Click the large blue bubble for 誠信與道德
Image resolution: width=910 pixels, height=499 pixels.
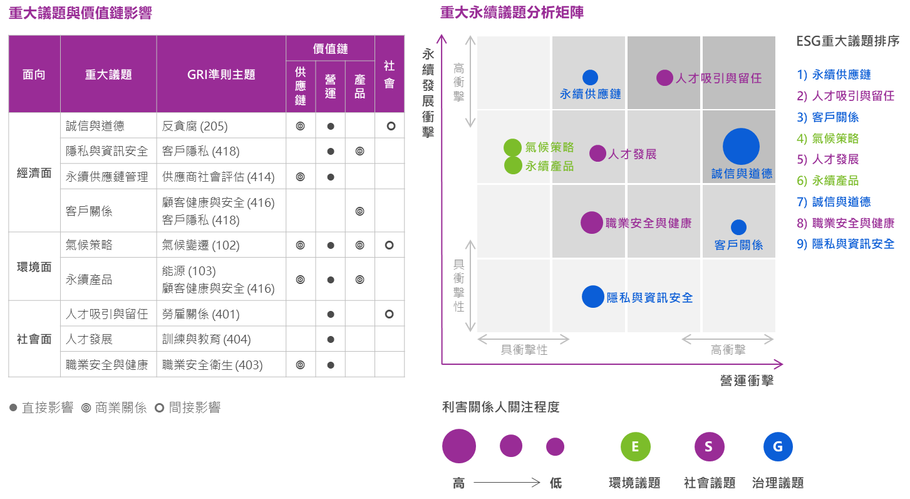pyautogui.click(x=741, y=147)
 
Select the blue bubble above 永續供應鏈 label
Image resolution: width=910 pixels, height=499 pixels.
pyautogui.click(x=591, y=77)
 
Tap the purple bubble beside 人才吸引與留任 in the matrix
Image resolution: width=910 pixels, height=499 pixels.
pyautogui.click(x=664, y=78)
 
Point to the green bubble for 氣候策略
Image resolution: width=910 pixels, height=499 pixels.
pyautogui.click(x=513, y=147)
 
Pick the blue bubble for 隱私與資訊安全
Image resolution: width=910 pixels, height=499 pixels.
pyautogui.click(x=592, y=297)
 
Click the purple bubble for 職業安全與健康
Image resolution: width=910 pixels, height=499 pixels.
pyautogui.click(x=591, y=223)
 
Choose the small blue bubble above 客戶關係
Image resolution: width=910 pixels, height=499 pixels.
pyautogui.click(x=738, y=228)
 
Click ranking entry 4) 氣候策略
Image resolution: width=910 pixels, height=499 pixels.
pyautogui.click(x=827, y=139)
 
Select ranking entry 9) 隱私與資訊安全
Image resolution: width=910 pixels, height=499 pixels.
pyautogui.click(x=845, y=244)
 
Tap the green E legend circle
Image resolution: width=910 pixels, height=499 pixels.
pyautogui.click(x=636, y=446)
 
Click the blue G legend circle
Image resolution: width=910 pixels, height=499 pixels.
pyautogui.click(x=778, y=446)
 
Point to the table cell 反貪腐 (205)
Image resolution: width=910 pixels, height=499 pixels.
pyautogui.click(x=195, y=126)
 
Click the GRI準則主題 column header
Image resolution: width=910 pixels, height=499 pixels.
pyautogui.click(x=221, y=75)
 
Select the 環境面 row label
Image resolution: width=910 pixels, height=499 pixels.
pyautogui.click(x=34, y=267)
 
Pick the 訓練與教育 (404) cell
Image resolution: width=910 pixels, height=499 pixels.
pyautogui.click(x=207, y=339)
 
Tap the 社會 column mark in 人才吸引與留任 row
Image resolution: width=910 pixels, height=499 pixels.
pyautogui.click(x=389, y=314)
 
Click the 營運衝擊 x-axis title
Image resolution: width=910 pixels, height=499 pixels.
pyautogui.click(x=747, y=381)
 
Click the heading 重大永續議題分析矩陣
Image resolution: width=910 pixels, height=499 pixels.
pyautogui.click(x=512, y=13)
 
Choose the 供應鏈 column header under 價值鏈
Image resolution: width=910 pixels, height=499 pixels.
pyautogui.click(x=300, y=86)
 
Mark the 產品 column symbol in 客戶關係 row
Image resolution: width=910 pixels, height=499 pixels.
pyautogui.click(x=359, y=211)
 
